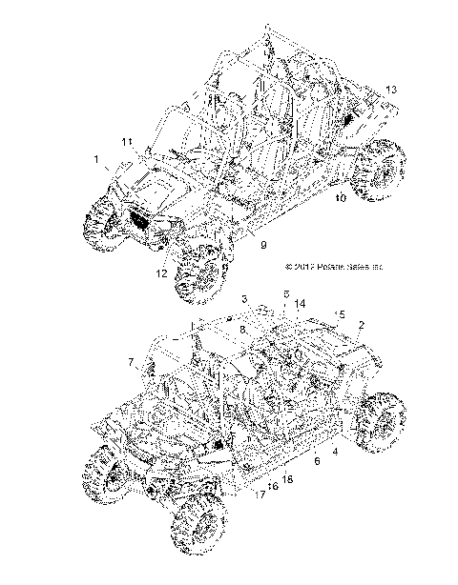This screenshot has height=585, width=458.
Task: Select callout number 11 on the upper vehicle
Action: pos(126,142)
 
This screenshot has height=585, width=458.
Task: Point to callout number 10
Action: pos(341,198)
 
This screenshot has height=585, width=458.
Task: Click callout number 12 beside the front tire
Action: pos(162,273)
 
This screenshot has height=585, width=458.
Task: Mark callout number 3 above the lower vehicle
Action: pos(244,299)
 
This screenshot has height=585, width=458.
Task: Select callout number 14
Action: pos(300,304)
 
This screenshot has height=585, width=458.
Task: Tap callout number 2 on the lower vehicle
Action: pos(361,325)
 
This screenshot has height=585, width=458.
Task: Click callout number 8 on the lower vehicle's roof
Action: pos(243,328)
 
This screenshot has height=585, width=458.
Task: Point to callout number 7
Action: pos(131,362)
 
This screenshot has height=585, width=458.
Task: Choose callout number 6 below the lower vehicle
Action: pos(317,459)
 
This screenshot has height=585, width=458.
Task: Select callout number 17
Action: pos(260,494)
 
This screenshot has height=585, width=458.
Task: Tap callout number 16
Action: pos(273,486)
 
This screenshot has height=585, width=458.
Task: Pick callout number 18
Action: pos(287,479)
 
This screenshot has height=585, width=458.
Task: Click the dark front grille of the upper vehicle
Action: pos(112,221)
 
